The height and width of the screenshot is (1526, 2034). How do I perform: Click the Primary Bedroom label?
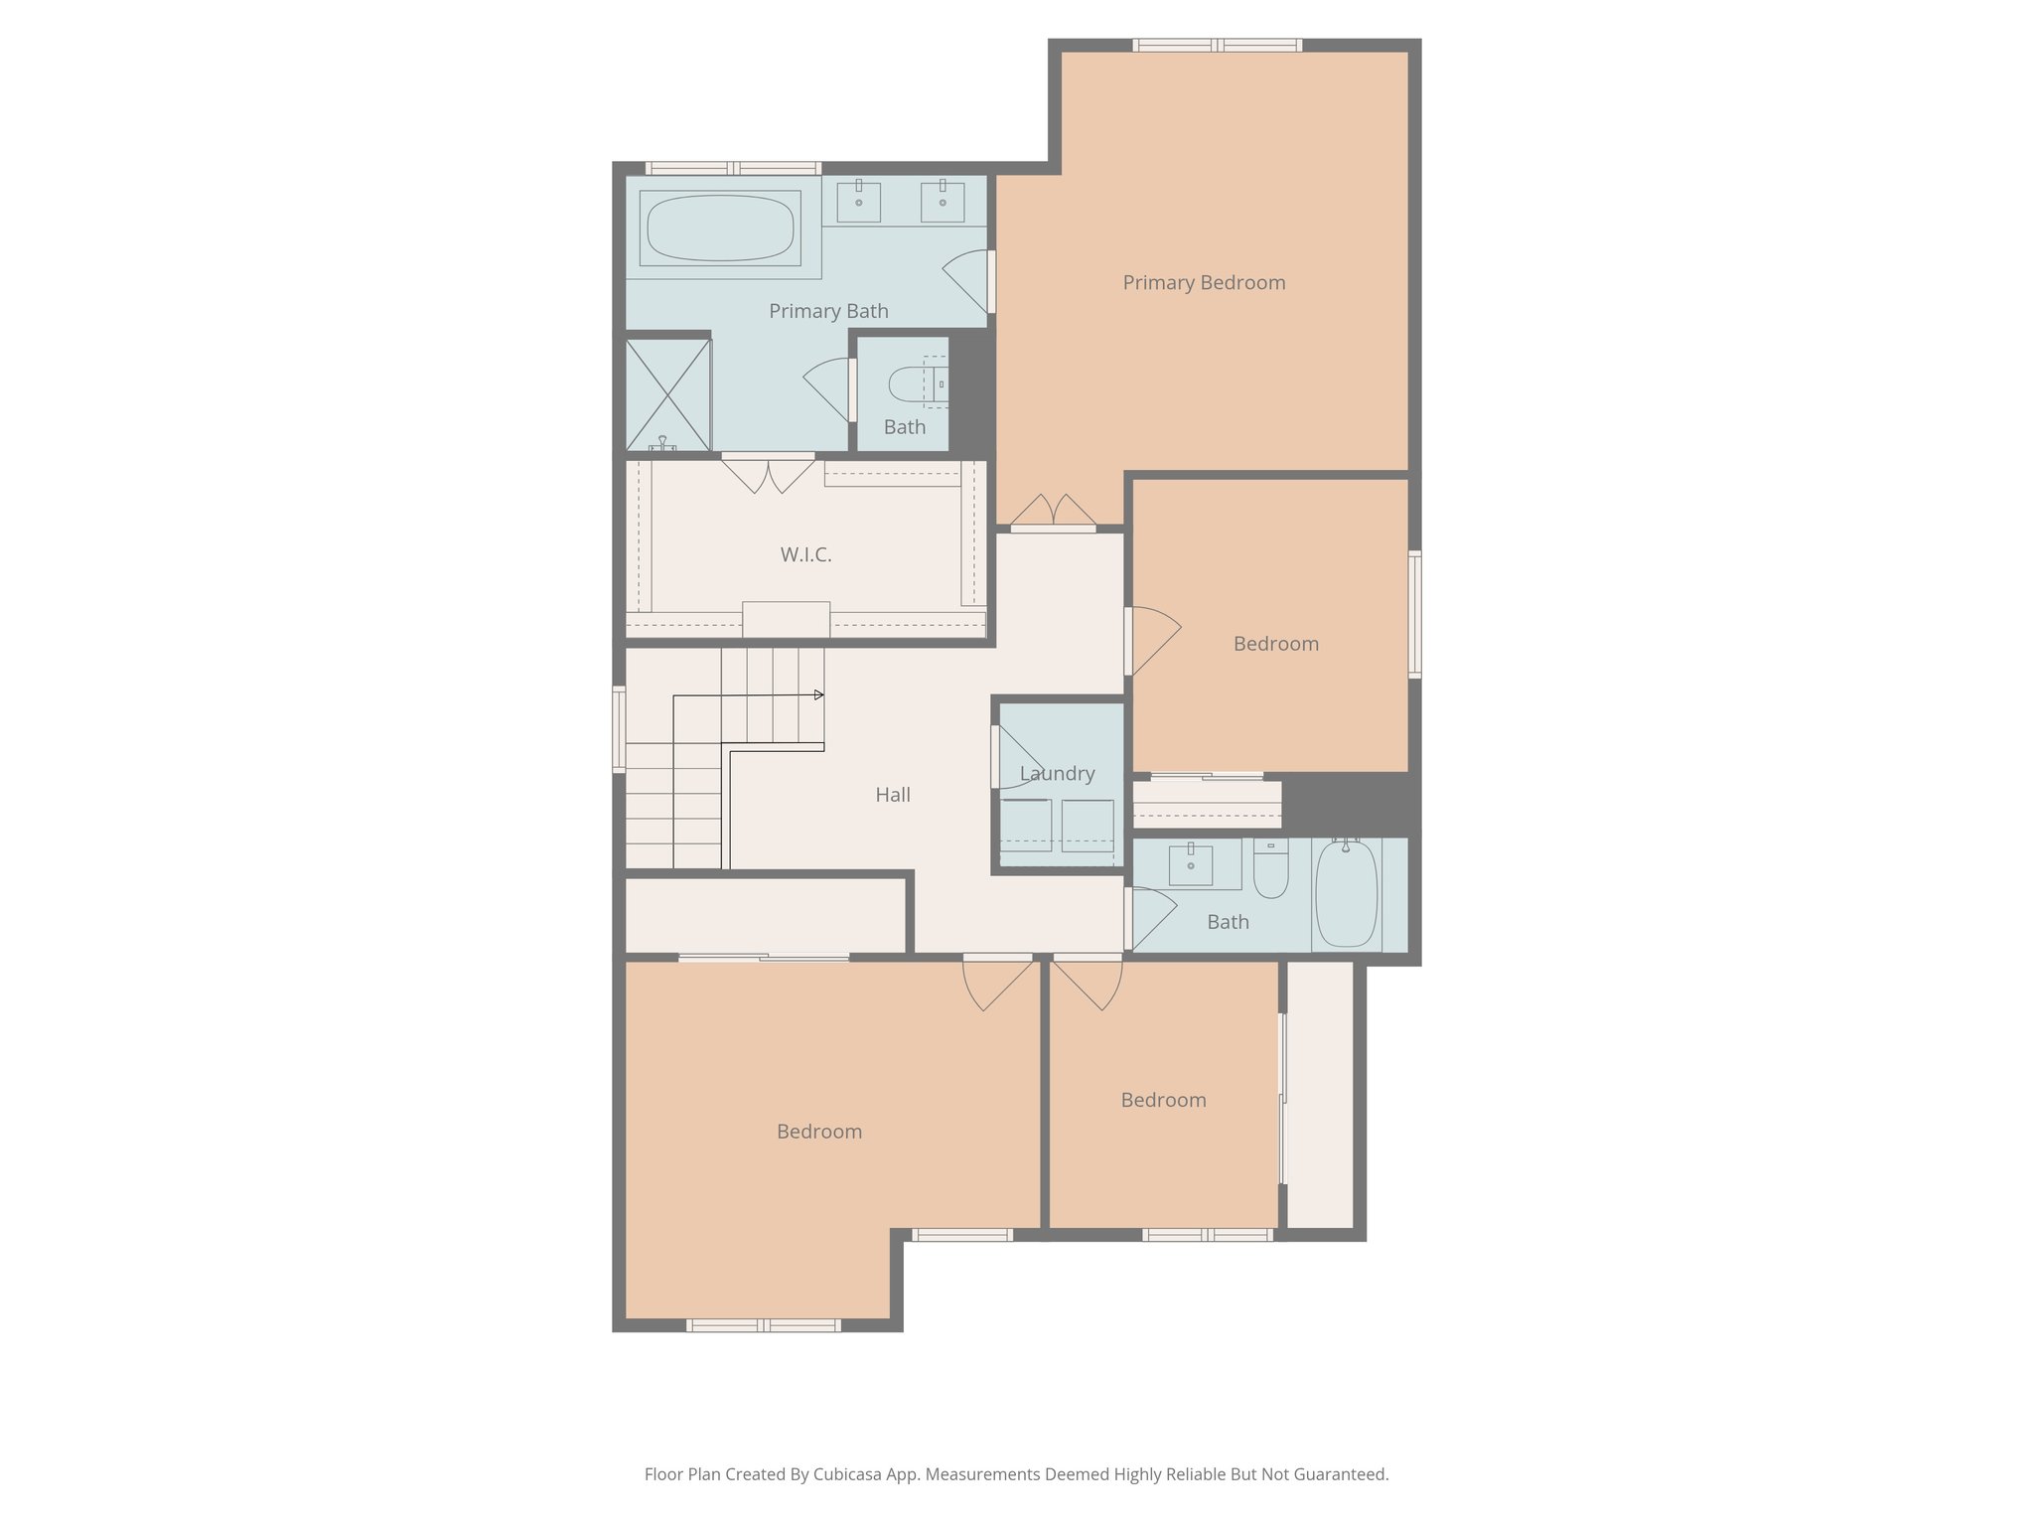(1204, 283)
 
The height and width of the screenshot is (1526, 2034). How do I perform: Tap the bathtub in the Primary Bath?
(720, 229)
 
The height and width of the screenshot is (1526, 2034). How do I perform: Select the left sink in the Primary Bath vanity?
(859, 202)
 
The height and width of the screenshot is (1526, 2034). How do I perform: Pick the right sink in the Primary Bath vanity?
(943, 202)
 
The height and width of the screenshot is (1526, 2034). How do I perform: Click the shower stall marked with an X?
(668, 394)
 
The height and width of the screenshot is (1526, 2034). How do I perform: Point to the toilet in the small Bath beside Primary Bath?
(909, 383)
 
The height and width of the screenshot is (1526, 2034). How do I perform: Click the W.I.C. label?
(805, 555)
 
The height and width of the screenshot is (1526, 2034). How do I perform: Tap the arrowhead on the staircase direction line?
(819, 694)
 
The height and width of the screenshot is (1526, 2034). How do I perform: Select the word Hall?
(893, 795)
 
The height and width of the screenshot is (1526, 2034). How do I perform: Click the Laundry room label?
(1057, 774)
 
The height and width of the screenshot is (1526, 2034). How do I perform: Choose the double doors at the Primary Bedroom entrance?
(1054, 513)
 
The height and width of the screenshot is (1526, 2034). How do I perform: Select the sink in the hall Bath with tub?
(1190, 864)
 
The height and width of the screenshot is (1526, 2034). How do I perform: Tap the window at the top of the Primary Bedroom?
(1218, 45)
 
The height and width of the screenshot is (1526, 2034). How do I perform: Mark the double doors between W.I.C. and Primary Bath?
(768, 473)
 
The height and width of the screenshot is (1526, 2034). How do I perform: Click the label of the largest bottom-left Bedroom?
(819, 1132)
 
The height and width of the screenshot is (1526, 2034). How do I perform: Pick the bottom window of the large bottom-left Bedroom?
(764, 1325)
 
